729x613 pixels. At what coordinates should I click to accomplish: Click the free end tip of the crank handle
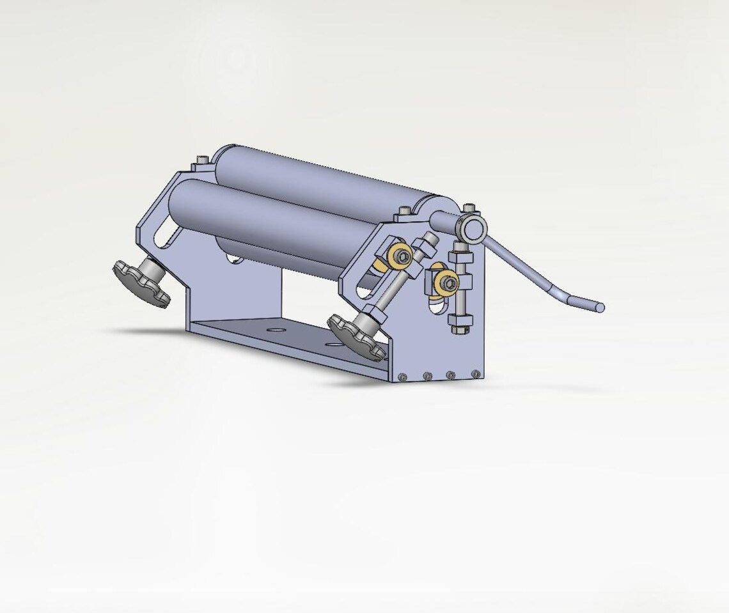[599, 307]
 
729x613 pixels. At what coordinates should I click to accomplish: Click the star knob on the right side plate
[356, 336]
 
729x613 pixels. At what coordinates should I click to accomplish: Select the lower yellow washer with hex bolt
[447, 282]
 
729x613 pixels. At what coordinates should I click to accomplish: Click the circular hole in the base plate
[276, 329]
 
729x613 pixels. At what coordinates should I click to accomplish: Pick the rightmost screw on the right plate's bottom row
[474, 373]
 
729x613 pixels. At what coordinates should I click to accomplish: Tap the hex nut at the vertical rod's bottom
[460, 329]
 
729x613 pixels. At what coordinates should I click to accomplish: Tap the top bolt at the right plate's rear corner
[470, 208]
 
